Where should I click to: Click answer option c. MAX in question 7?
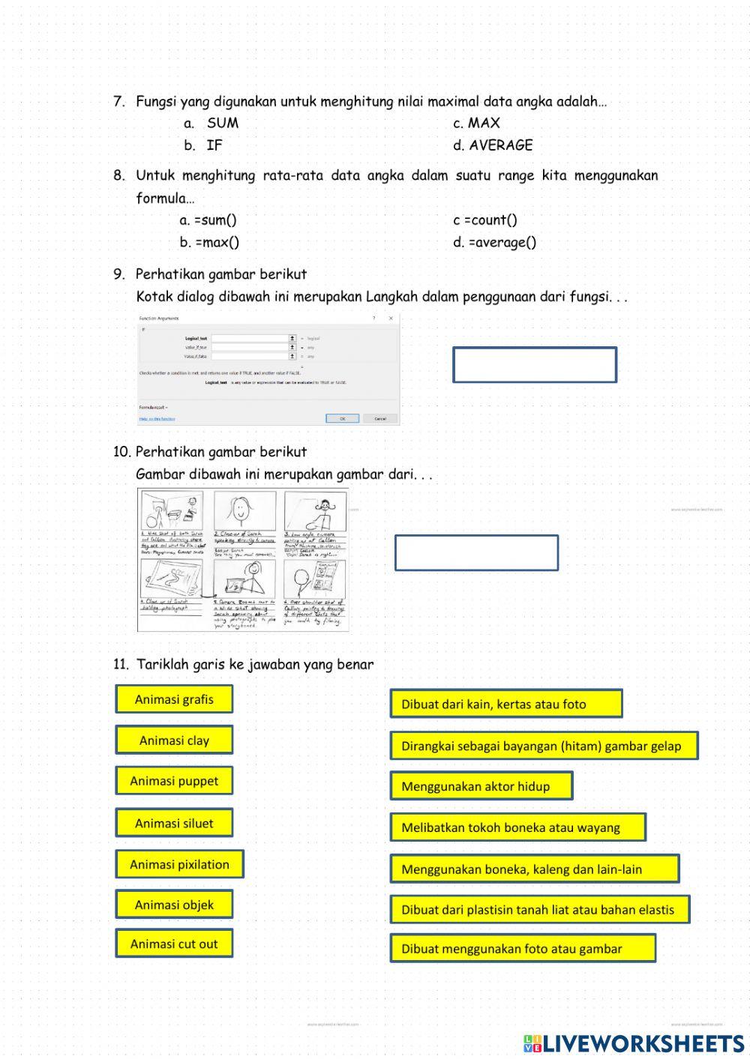[x=476, y=123]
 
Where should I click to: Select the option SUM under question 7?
[x=222, y=123]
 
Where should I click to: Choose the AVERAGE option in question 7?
[x=493, y=145]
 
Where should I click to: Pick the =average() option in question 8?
[x=495, y=242]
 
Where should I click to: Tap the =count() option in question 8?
[x=485, y=220]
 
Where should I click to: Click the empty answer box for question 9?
[x=534, y=365]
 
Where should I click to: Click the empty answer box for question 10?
[x=476, y=553]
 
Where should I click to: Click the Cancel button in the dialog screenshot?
[x=380, y=418]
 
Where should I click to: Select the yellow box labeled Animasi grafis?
[x=174, y=699]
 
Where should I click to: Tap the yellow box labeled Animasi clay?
[x=174, y=740]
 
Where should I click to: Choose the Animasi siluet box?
[x=174, y=823]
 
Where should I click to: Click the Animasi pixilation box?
[x=179, y=864]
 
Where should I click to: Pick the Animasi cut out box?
[x=174, y=944]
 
